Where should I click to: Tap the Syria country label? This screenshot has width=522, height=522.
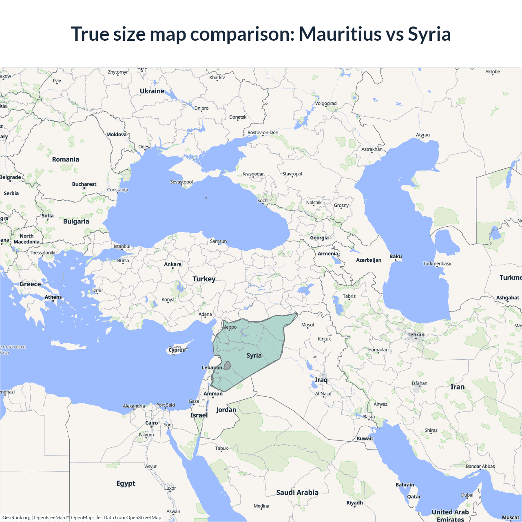254,356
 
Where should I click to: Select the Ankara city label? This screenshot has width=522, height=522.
173,264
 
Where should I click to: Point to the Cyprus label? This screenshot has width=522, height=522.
177,350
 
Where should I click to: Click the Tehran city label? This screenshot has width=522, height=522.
416,335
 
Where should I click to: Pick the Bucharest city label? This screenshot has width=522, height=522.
84,184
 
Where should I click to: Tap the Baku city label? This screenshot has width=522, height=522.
396,257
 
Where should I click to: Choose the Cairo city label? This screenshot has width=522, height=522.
152,423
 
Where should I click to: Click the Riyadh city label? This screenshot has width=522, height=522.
354,503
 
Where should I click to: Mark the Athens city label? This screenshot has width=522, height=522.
53,297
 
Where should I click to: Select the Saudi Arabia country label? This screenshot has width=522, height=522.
297,493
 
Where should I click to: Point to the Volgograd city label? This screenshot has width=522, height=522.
326,104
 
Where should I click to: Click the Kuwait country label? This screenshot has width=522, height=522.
365,439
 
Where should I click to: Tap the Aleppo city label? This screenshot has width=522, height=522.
230,327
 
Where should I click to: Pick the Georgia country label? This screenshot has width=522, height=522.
319,238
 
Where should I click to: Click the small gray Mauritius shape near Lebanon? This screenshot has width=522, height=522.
227,365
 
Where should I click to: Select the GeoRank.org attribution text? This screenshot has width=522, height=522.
16,518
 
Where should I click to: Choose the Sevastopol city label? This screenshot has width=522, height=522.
181,182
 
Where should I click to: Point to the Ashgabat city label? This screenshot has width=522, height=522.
508,298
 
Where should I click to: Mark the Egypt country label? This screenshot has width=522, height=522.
126,484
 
